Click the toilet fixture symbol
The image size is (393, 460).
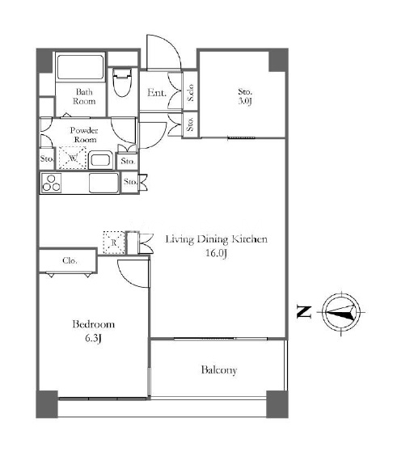[x=122, y=82]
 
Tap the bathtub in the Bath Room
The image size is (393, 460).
[x=80, y=67]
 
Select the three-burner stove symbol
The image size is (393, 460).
[x=52, y=184]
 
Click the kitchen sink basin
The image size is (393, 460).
[x=104, y=183]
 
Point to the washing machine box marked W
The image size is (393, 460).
[x=73, y=158]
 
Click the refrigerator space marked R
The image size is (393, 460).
[x=114, y=243]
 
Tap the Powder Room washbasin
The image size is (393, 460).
[x=100, y=160]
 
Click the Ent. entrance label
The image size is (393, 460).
[x=156, y=93]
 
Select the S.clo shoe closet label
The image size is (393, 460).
[x=191, y=93]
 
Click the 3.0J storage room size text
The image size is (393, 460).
[x=245, y=101]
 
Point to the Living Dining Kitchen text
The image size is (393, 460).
[x=217, y=239]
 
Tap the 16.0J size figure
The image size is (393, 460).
[x=216, y=253]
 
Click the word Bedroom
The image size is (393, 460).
[x=93, y=324]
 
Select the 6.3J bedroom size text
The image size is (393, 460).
[x=93, y=339]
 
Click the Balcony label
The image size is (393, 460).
[x=219, y=370]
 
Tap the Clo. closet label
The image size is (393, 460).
[x=70, y=260]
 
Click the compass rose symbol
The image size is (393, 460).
[x=341, y=312]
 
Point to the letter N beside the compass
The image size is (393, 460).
[x=304, y=312]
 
